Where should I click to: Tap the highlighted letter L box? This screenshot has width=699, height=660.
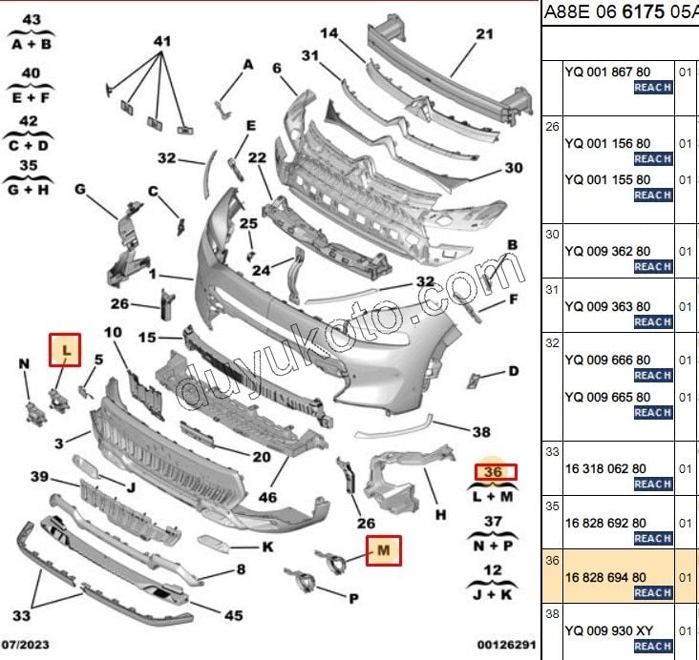65,351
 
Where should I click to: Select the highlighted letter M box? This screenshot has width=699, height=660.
384,550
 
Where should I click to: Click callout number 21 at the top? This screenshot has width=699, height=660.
484,35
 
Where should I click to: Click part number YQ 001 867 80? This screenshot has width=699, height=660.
607,72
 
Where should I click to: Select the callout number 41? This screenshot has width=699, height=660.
161,41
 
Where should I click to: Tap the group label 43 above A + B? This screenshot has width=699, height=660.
31,20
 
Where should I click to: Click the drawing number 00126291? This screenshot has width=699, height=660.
505,646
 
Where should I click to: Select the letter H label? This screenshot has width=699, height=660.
440,515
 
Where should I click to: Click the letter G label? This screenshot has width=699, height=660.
80,189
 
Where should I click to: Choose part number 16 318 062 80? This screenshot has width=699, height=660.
605,468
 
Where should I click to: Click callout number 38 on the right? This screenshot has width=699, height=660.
481,431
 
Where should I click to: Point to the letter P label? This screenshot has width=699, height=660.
352,598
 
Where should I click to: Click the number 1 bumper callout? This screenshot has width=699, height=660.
152,274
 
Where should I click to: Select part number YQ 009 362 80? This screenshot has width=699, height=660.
607,253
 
